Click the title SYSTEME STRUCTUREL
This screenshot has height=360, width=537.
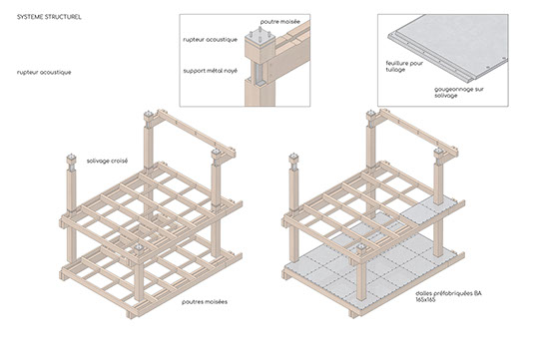[49, 17]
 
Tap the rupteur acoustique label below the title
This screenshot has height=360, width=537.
[44, 72]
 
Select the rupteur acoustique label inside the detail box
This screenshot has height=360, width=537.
[210, 40]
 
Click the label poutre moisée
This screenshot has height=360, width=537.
[280, 22]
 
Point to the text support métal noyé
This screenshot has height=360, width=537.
[210, 71]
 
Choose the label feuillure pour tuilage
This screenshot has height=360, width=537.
[404, 67]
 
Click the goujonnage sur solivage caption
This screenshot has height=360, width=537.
[459, 93]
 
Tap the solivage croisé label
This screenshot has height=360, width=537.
[107, 161]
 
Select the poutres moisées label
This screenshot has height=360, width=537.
[205, 302]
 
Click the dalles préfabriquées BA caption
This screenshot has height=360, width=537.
[448, 293]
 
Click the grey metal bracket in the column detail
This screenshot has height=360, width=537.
[258, 74]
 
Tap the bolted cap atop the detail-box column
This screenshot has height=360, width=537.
[260, 39]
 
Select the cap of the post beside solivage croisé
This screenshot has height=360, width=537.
[71, 159]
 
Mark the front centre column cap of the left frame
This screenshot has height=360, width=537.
[139, 250]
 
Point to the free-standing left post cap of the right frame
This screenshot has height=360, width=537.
[293, 158]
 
